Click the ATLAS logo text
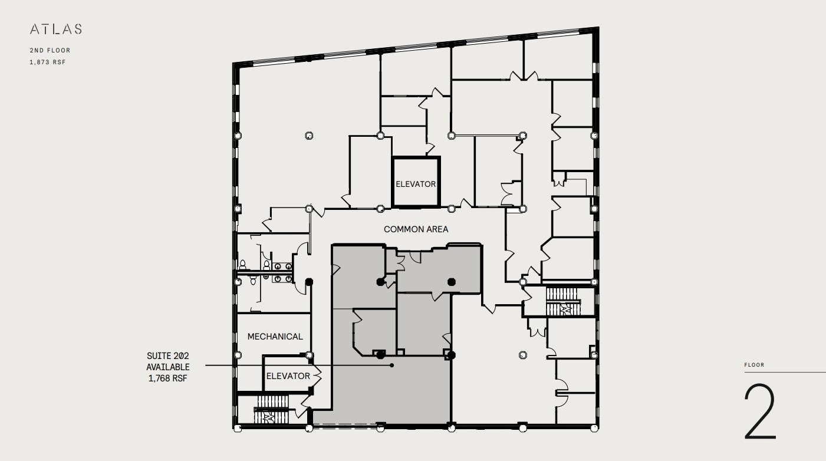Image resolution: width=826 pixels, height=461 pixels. pyautogui.click(x=55, y=29)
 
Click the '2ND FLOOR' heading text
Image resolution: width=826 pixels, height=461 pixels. pyautogui.click(x=50, y=51)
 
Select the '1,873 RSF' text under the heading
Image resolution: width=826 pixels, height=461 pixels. pyautogui.click(x=47, y=62)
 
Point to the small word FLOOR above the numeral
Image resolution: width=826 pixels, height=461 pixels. pyautogui.click(x=754, y=365)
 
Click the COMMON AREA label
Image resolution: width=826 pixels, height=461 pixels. pyautogui.click(x=416, y=229)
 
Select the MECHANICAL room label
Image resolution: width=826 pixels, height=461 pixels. pyautogui.click(x=275, y=337)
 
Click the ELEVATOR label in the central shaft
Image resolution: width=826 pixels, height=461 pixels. pyautogui.click(x=416, y=184)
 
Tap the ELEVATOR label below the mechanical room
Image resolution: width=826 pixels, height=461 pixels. pyautogui.click(x=288, y=376)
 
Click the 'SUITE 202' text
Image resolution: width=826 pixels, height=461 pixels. pyautogui.click(x=168, y=356)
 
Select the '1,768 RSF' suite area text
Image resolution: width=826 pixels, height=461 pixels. pyautogui.click(x=168, y=378)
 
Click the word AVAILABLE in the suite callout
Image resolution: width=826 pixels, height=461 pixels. pyautogui.click(x=168, y=367)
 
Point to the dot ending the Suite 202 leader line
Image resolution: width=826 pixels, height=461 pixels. pyautogui.click(x=391, y=365)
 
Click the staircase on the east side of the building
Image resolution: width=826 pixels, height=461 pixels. pyautogui.click(x=562, y=301)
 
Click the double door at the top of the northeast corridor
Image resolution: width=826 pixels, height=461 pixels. pyautogui.click(x=524, y=76)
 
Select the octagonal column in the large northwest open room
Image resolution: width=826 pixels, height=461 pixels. pyautogui.click(x=308, y=136)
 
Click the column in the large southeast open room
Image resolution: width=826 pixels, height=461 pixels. pyautogui.click(x=522, y=355)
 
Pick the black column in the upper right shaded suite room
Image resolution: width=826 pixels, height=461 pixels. pyautogui.click(x=452, y=281)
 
